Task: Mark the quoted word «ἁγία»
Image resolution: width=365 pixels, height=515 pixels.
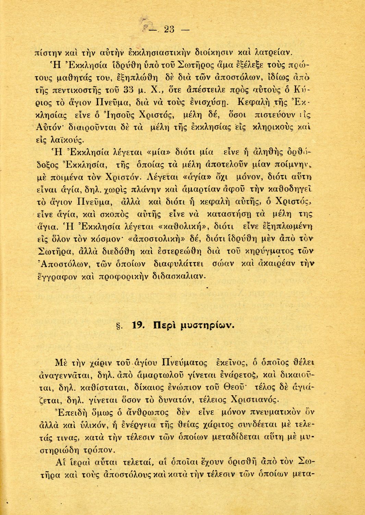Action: point(176,177)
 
